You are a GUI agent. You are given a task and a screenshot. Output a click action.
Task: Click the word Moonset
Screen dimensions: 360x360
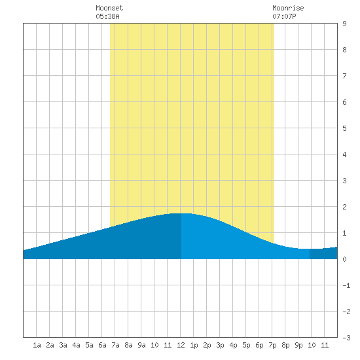click(109, 8)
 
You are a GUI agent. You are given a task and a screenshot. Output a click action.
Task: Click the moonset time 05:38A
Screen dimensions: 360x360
click(107, 16)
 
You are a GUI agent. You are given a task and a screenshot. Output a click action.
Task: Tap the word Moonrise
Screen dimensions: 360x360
click(288, 8)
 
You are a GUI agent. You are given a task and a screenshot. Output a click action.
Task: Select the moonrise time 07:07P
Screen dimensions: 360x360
click(284, 16)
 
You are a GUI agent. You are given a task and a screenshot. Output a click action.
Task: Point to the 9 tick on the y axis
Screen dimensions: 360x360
click(344, 24)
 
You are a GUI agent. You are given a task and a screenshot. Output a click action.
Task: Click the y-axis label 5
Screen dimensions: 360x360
click(344, 128)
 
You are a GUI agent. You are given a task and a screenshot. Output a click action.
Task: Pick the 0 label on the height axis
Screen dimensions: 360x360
click(344, 259)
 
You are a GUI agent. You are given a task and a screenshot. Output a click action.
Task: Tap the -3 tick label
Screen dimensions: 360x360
click(346, 338)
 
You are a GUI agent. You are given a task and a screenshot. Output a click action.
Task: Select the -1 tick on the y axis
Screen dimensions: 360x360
click(346, 285)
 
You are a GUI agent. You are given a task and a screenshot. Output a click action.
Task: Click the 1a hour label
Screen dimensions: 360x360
click(37, 345)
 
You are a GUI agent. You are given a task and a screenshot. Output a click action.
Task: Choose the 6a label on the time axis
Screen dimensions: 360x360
click(102, 345)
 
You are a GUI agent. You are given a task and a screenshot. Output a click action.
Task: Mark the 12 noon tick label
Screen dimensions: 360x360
click(181, 345)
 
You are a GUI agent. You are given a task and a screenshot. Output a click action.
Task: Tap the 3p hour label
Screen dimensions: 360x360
click(220, 345)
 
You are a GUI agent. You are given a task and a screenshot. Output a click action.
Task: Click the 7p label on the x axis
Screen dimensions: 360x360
click(272, 345)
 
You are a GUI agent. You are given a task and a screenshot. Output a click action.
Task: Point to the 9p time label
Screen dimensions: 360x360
click(298, 345)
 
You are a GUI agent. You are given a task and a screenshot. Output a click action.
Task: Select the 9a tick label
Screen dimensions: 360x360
click(141, 345)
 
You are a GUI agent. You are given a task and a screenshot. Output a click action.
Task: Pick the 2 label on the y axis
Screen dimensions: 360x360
click(344, 207)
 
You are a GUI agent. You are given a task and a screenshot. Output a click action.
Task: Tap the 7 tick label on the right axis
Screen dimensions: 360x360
click(344, 76)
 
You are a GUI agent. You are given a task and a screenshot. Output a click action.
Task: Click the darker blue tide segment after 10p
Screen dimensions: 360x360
click(323, 253)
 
